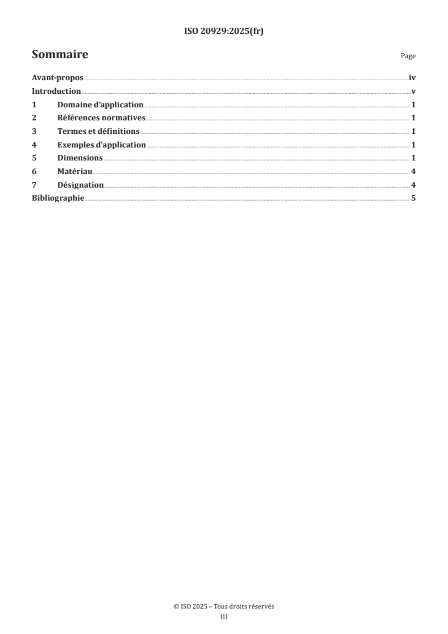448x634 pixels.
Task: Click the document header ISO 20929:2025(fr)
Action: [224, 32]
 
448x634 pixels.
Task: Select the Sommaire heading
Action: [60, 55]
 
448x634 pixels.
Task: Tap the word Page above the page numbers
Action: [408, 57]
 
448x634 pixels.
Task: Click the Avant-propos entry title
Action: [58, 79]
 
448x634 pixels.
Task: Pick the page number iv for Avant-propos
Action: [412, 79]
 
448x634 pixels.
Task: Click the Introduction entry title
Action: [56, 92]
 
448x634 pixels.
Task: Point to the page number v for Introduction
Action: [414, 92]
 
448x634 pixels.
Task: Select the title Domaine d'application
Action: [100, 105]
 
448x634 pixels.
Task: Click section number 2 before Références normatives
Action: [34, 118]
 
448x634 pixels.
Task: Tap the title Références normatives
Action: [101, 118]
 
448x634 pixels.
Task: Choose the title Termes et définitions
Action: [98, 132]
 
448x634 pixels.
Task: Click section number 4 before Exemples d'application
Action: [34, 145]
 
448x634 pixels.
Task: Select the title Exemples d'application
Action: [101, 145]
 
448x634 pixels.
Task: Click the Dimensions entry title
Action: [80, 158]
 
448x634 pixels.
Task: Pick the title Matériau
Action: [75, 171]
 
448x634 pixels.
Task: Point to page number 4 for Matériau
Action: [414, 171]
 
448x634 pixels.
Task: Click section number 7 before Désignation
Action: [34, 185]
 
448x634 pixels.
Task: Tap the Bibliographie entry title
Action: [58, 198]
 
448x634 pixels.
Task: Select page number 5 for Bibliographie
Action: [414, 198]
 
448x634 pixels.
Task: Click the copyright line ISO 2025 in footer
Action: [224, 606]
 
